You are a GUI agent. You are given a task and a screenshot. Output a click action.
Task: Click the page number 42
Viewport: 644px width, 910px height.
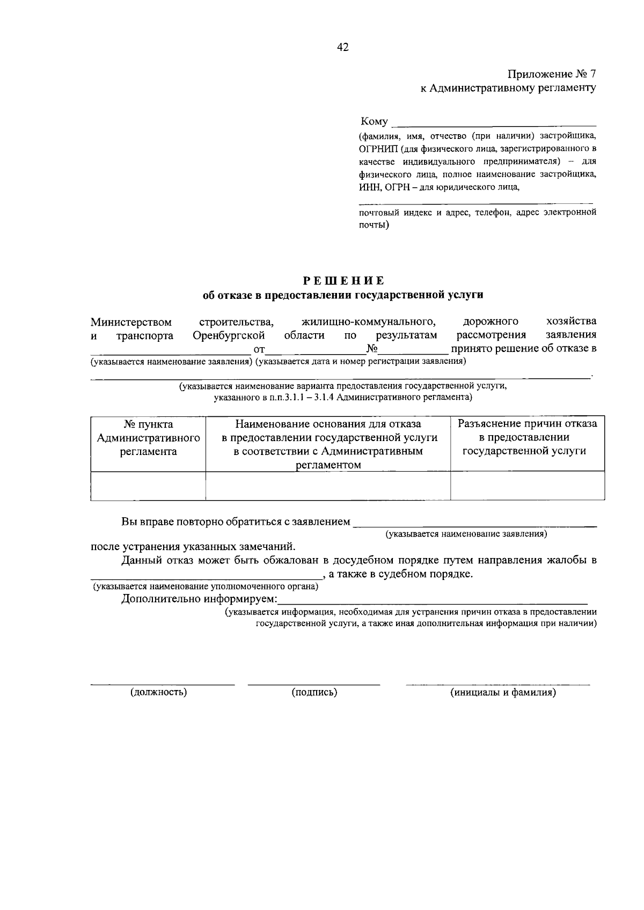pyautogui.click(x=342, y=48)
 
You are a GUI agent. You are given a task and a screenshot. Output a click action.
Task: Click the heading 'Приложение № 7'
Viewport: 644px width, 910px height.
pyautogui.click(x=551, y=74)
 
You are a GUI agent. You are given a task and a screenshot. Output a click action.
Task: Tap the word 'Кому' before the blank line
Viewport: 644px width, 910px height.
pyautogui.click(x=374, y=122)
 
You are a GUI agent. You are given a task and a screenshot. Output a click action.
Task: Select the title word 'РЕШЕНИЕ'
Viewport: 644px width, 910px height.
pyautogui.click(x=343, y=281)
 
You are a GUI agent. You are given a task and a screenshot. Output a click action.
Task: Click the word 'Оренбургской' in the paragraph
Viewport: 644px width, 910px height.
pyautogui.click(x=229, y=335)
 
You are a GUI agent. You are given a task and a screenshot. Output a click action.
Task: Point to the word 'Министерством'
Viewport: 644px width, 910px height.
pyautogui.click(x=131, y=322)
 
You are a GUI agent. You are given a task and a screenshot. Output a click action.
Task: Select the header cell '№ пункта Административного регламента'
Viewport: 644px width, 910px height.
pyautogui.click(x=148, y=438)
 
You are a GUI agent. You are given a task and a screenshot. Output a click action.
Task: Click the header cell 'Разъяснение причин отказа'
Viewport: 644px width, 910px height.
pyautogui.click(x=526, y=437)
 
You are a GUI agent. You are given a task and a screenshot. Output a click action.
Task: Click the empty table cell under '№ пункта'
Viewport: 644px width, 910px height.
pyautogui.click(x=148, y=486)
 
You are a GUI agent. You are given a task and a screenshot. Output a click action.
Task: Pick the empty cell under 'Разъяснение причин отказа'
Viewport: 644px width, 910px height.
pyautogui.click(x=526, y=486)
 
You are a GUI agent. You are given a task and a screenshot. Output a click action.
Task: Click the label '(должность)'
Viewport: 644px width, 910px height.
pyautogui.click(x=159, y=692)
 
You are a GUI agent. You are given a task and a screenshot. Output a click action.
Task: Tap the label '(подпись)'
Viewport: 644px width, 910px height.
pyautogui.click(x=314, y=692)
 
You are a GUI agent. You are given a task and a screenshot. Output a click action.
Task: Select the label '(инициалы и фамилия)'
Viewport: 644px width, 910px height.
pyautogui.click(x=503, y=692)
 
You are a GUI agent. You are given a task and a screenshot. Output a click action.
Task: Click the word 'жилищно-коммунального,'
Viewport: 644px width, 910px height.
pyautogui.click(x=368, y=322)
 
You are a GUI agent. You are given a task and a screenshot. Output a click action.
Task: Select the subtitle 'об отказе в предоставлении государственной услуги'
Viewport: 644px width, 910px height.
pyautogui.click(x=343, y=295)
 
